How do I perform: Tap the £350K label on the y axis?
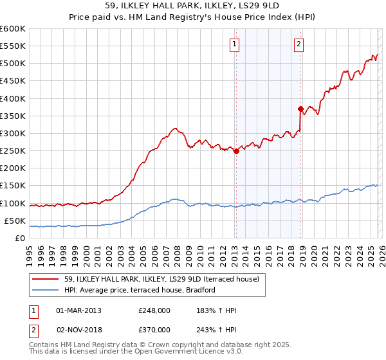pos(13,116)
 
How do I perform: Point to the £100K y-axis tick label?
pos(13,203)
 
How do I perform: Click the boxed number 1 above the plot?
pos(234,44)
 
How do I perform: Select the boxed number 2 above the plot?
pos(300,44)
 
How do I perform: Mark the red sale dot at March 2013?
pos(236,152)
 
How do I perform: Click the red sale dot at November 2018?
pos(300,109)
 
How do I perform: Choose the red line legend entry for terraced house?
pos(161,279)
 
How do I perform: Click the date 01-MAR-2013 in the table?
pos(78,310)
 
